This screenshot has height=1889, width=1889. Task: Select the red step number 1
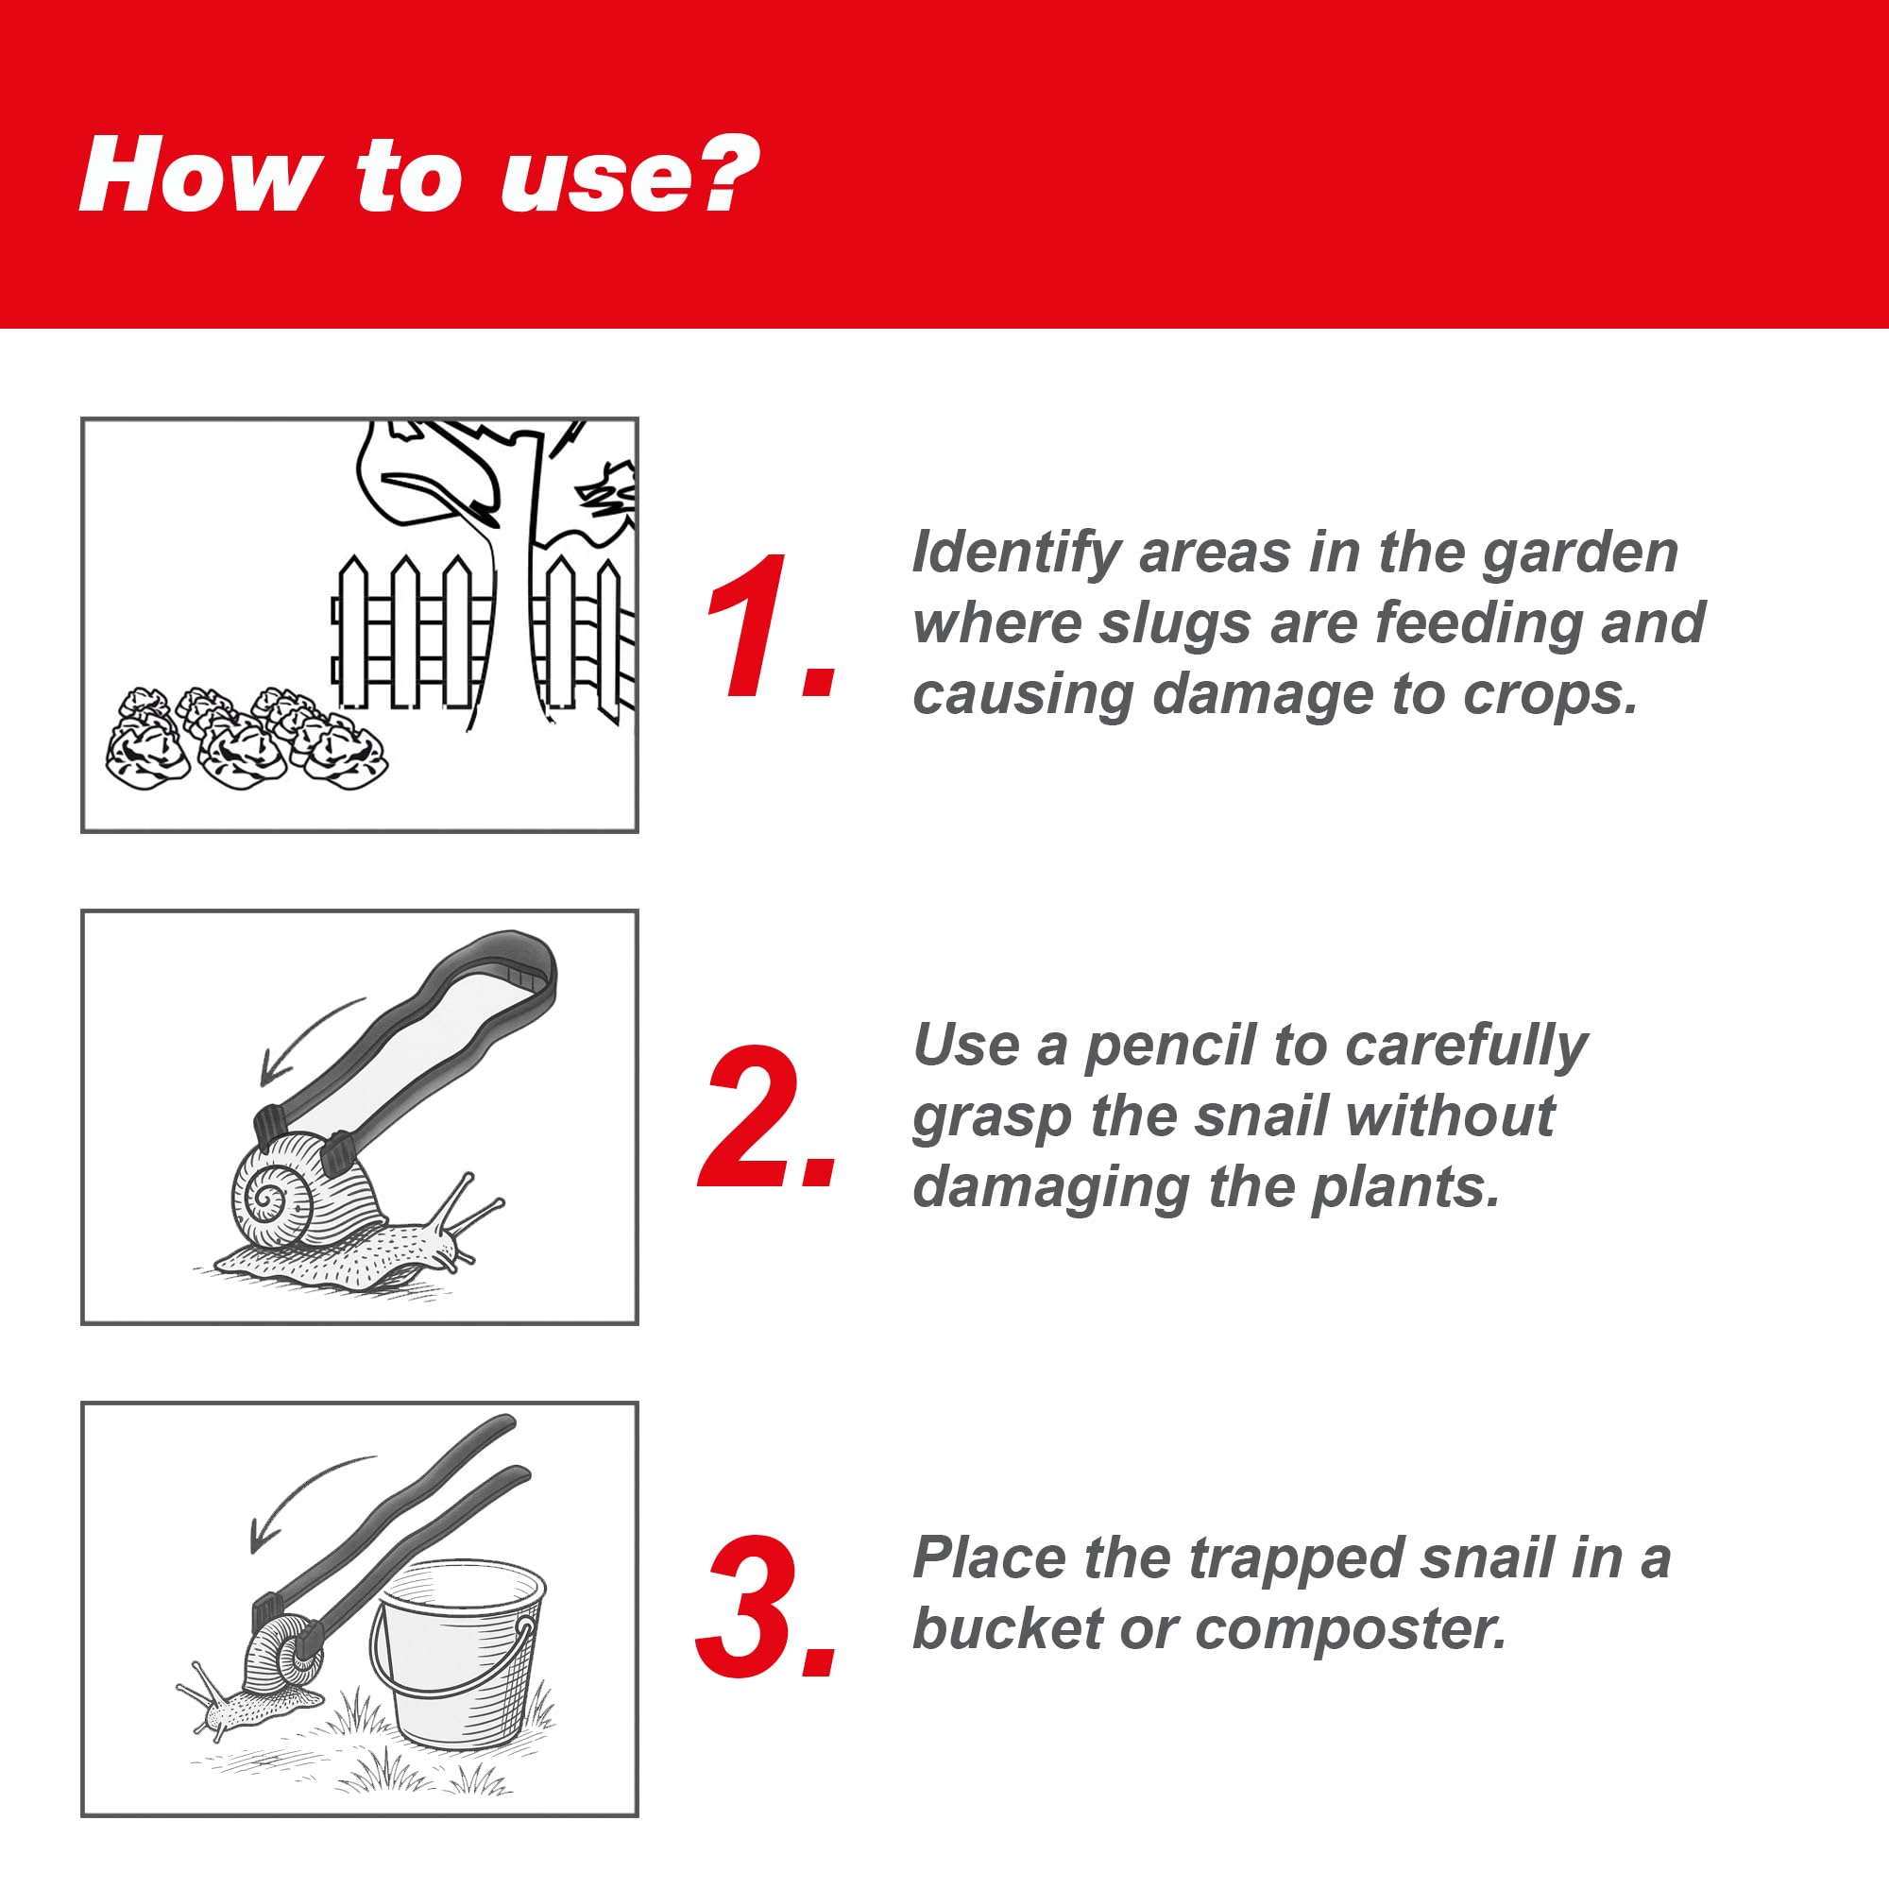tap(769, 626)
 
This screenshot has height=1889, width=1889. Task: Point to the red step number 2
tap(767, 1116)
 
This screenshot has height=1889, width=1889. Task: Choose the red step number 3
tap(767, 1608)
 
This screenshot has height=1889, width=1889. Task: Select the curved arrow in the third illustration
tap(299, 1502)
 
